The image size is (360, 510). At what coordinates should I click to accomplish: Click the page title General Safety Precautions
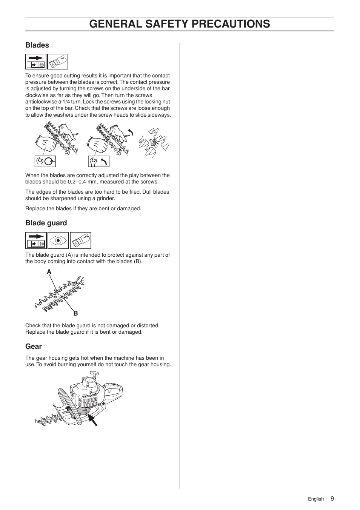click(x=180, y=24)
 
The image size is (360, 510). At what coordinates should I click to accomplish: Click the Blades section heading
click(x=37, y=45)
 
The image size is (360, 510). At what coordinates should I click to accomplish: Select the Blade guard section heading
click(x=46, y=223)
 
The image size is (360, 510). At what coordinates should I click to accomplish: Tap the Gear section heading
click(x=34, y=347)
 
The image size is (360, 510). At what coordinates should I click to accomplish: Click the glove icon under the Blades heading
click(x=58, y=62)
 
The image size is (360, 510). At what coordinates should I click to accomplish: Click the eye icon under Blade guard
click(x=58, y=240)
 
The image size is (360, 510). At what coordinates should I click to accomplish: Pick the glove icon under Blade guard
click(x=80, y=240)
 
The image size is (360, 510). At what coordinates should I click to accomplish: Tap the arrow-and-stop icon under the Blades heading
click(x=36, y=62)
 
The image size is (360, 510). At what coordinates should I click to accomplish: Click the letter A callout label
click(x=49, y=272)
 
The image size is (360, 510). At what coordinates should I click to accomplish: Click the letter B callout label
click(x=75, y=313)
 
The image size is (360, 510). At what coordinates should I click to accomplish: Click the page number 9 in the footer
click(x=332, y=498)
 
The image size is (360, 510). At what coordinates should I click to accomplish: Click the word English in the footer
click(x=315, y=499)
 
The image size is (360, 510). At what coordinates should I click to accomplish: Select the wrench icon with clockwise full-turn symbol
click(x=45, y=162)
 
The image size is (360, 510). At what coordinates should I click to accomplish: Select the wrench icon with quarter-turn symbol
click(x=99, y=162)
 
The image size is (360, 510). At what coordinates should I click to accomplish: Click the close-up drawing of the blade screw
click(x=153, y=143)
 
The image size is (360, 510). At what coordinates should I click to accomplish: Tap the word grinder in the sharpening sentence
click(x=105, y=199)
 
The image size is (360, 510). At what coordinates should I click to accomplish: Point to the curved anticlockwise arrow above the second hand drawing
click(x=131, y=132)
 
